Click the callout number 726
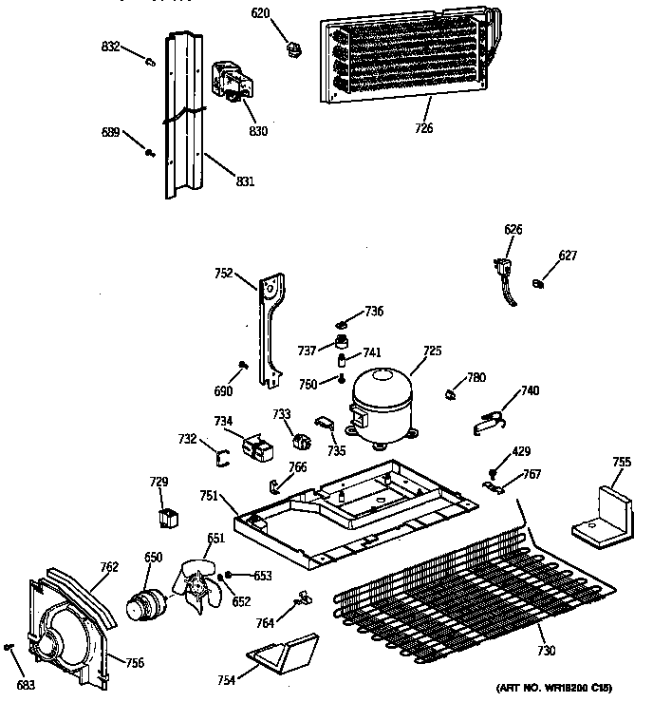pyautogui.click(x=423, y=128)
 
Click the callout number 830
pyautogui.click(x=257, y=130)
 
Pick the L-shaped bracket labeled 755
pyautogui.click(x=602, y=512)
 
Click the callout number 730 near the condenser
pyautogui.click(x=545, y=651)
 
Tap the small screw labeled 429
pyautogui.click(x=494, y=471)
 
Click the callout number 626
pyautogui.click(x=513, y=229)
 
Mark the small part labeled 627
pyautogui.click(x=539, y=280)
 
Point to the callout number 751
pyautogui.click(x=210, y=495)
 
